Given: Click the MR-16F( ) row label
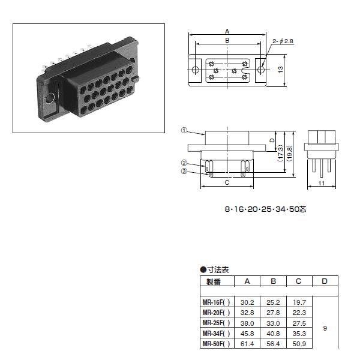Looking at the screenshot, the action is coord(217,302).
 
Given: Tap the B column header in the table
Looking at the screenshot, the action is coord(273,281).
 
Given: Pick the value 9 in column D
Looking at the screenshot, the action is coord(325,329).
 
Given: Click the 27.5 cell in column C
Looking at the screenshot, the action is coord(299,323).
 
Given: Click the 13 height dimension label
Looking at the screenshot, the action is coord(280,70).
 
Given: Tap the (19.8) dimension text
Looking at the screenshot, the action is coord(289,154).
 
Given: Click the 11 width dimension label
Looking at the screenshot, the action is coord(321,182).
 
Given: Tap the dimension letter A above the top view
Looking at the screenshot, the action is coord(227,31).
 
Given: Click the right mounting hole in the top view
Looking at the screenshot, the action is coord(260,70).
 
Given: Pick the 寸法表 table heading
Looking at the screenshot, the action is coord(217,270).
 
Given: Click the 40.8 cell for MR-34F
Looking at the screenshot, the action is coord(273,333).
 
